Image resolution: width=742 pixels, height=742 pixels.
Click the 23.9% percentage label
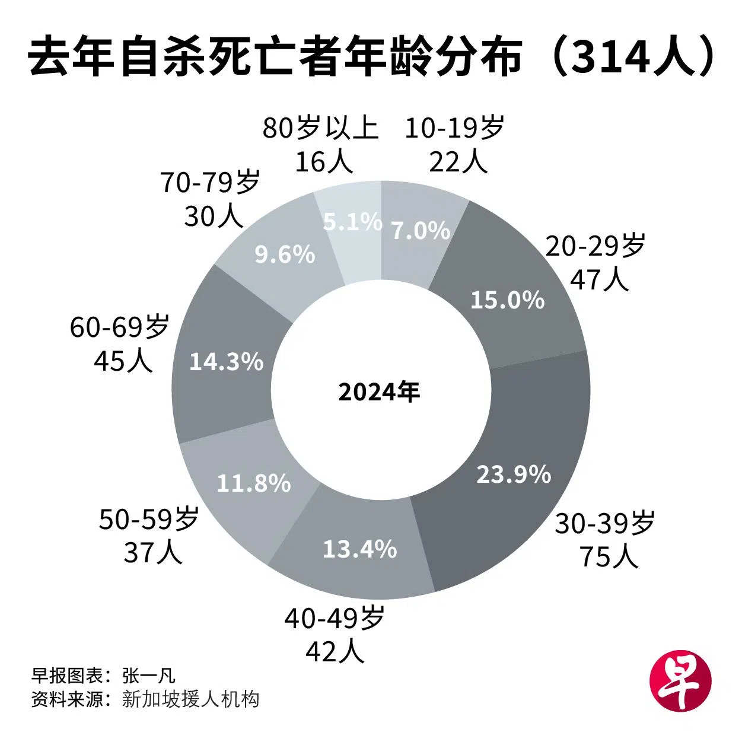[x=514, y=474]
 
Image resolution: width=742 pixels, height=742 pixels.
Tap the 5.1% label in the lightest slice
[x=352, y=222]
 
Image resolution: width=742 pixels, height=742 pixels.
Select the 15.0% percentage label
[x=507, y=300]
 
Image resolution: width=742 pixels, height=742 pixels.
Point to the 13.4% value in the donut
[x=359, y=549]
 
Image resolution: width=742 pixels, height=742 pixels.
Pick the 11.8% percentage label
[x=253, y=483]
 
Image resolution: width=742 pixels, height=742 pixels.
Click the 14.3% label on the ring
[x=226, y=361]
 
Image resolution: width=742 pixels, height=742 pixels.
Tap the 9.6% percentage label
[x=285, y=254]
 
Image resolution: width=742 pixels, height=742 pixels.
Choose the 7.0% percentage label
[x=421, y=231]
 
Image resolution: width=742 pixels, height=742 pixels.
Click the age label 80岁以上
[x=320, y=128]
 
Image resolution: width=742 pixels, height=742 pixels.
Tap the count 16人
[x=324, y=161]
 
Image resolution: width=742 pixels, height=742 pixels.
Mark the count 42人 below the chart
[x=334, y=652]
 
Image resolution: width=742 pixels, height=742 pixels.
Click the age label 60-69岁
[x=120, y=327]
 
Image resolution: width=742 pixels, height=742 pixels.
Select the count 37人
[x=152, y=553]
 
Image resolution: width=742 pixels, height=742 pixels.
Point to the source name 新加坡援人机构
[x=190, y=699]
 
